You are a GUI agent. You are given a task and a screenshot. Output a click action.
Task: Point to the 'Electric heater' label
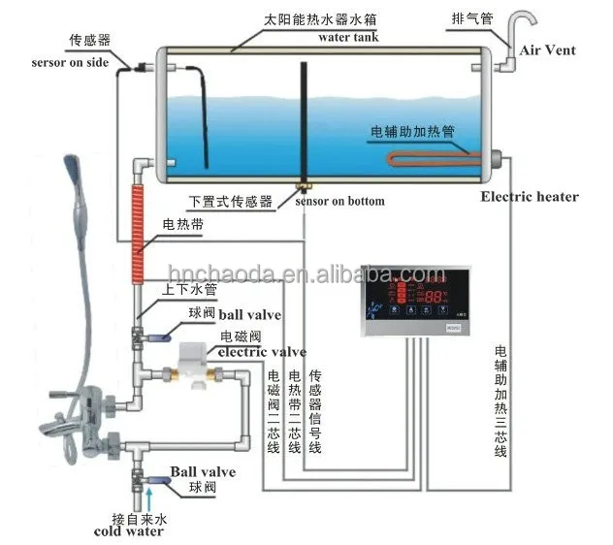tap(530, 197)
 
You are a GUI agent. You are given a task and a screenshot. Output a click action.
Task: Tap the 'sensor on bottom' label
tap(338, 201)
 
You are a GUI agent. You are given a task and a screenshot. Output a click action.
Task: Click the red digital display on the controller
tap(434, 295)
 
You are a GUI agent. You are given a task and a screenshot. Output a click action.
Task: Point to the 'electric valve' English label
tap(262, 352)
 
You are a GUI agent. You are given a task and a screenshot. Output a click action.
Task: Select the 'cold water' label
tap(129, 530)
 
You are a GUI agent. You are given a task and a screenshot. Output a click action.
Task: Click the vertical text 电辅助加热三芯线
tap(500, 399)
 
